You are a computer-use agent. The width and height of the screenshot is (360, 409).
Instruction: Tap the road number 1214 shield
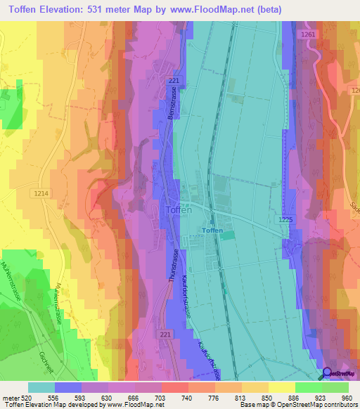[x=40, y=192]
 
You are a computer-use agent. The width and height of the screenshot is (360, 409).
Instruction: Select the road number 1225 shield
[x=284, y=220]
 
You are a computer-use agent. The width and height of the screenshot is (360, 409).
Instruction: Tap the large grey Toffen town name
[x=179, y=209]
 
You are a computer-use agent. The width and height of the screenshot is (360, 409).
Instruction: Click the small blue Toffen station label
[x=212, y=230]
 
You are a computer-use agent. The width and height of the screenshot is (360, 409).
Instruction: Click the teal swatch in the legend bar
[x=41, y=387]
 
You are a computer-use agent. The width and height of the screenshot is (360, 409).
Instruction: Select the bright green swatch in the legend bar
[x=309, y=387]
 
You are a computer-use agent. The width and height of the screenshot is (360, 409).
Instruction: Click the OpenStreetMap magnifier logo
[x=326, y=373]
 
